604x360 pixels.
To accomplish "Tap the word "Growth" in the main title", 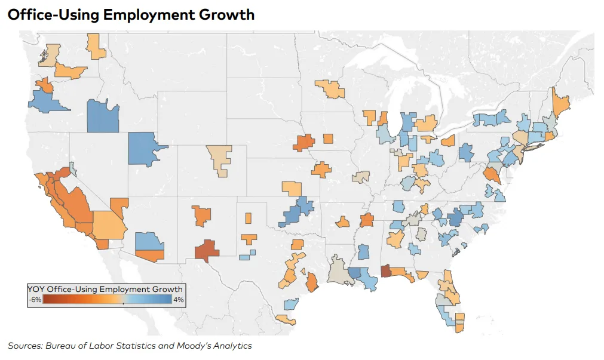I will (229, 14).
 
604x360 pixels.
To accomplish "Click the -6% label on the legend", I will (35, 300).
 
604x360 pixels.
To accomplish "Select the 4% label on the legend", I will (178, 300).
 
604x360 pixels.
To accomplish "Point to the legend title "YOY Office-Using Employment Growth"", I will (105, 289).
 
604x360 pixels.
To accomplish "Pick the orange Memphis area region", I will (367, 220).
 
